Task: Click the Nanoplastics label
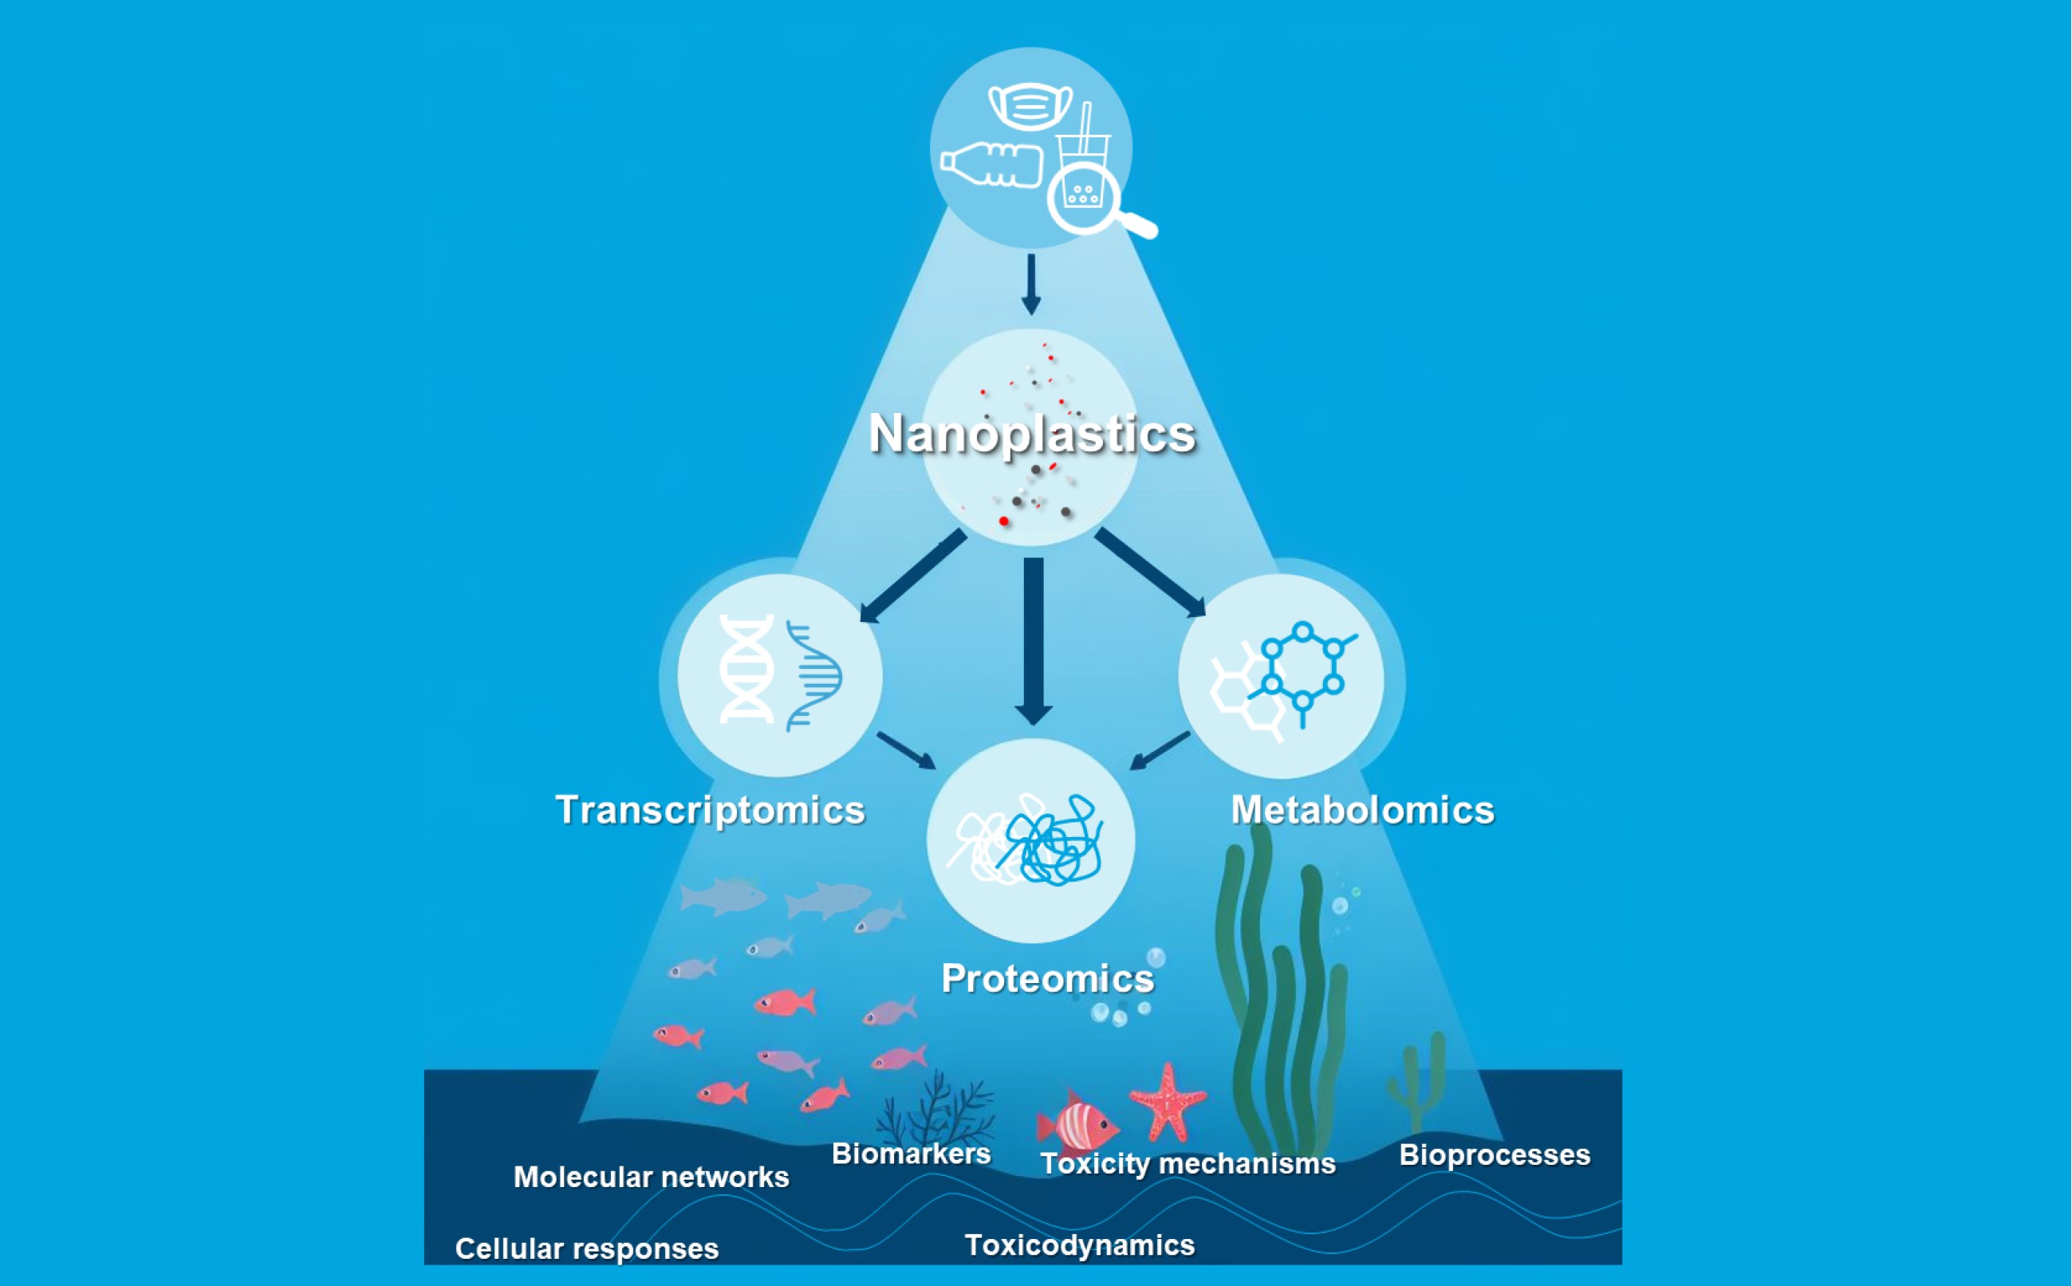(x=1032, y=435)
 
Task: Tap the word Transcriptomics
(x=711, y=811)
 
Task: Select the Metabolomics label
(x=1363, y=810)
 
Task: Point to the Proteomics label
(x=1048, y=979)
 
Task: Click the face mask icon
(x=1030, y=105)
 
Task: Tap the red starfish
(x=1168, y=1103)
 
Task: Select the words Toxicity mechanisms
(x=1188, y=1163)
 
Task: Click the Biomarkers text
(x=911, y=1154)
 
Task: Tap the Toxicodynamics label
(x=1079, y=1245)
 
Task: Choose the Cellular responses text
(x=587, y=1249)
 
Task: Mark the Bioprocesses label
(x=1495, y=1155)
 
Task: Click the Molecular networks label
(x=651, y=1177)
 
